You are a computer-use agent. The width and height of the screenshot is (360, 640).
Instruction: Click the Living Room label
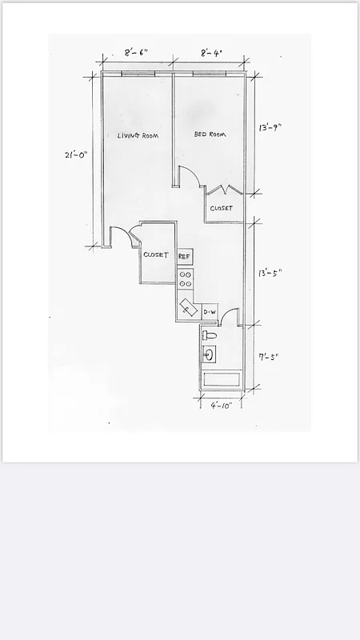pyautogui.click(x=138, y=135)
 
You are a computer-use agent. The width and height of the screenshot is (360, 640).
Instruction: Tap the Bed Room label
pyautogui.click(x=210, y=134)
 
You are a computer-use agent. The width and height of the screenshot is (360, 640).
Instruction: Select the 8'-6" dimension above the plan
pyautogui.click(x=136, y=53)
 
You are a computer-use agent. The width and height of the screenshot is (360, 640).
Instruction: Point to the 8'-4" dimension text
pyautogui.click(x=211, y=53)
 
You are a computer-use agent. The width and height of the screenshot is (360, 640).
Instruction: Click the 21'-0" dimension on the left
pyautogui.click(x=76, y=155)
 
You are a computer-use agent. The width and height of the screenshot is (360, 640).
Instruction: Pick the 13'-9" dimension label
pyautogui.click(x=270, y=127)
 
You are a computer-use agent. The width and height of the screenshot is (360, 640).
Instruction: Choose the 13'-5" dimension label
pyautogui.click(x=270, y=272)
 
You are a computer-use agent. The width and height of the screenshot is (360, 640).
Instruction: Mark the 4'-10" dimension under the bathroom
pyautogui.click(x=221, y=406)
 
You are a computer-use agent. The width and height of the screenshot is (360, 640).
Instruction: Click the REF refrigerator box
pyautogui.click(x=185, y=256)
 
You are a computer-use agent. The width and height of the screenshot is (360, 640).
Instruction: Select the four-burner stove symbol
pyautogui.click(x=185, y=278)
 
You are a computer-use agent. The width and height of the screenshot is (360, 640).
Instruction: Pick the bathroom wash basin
pyautogui.click(x=210, y=354)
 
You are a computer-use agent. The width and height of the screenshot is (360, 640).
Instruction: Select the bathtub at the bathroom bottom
pyautogui.click(x=221, y=381)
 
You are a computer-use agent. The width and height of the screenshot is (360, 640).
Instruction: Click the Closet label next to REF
pyautogui.click(x=156, y=255)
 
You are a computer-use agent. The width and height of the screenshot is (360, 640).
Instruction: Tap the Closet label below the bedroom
pyautogui.click(x=222, y=208)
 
